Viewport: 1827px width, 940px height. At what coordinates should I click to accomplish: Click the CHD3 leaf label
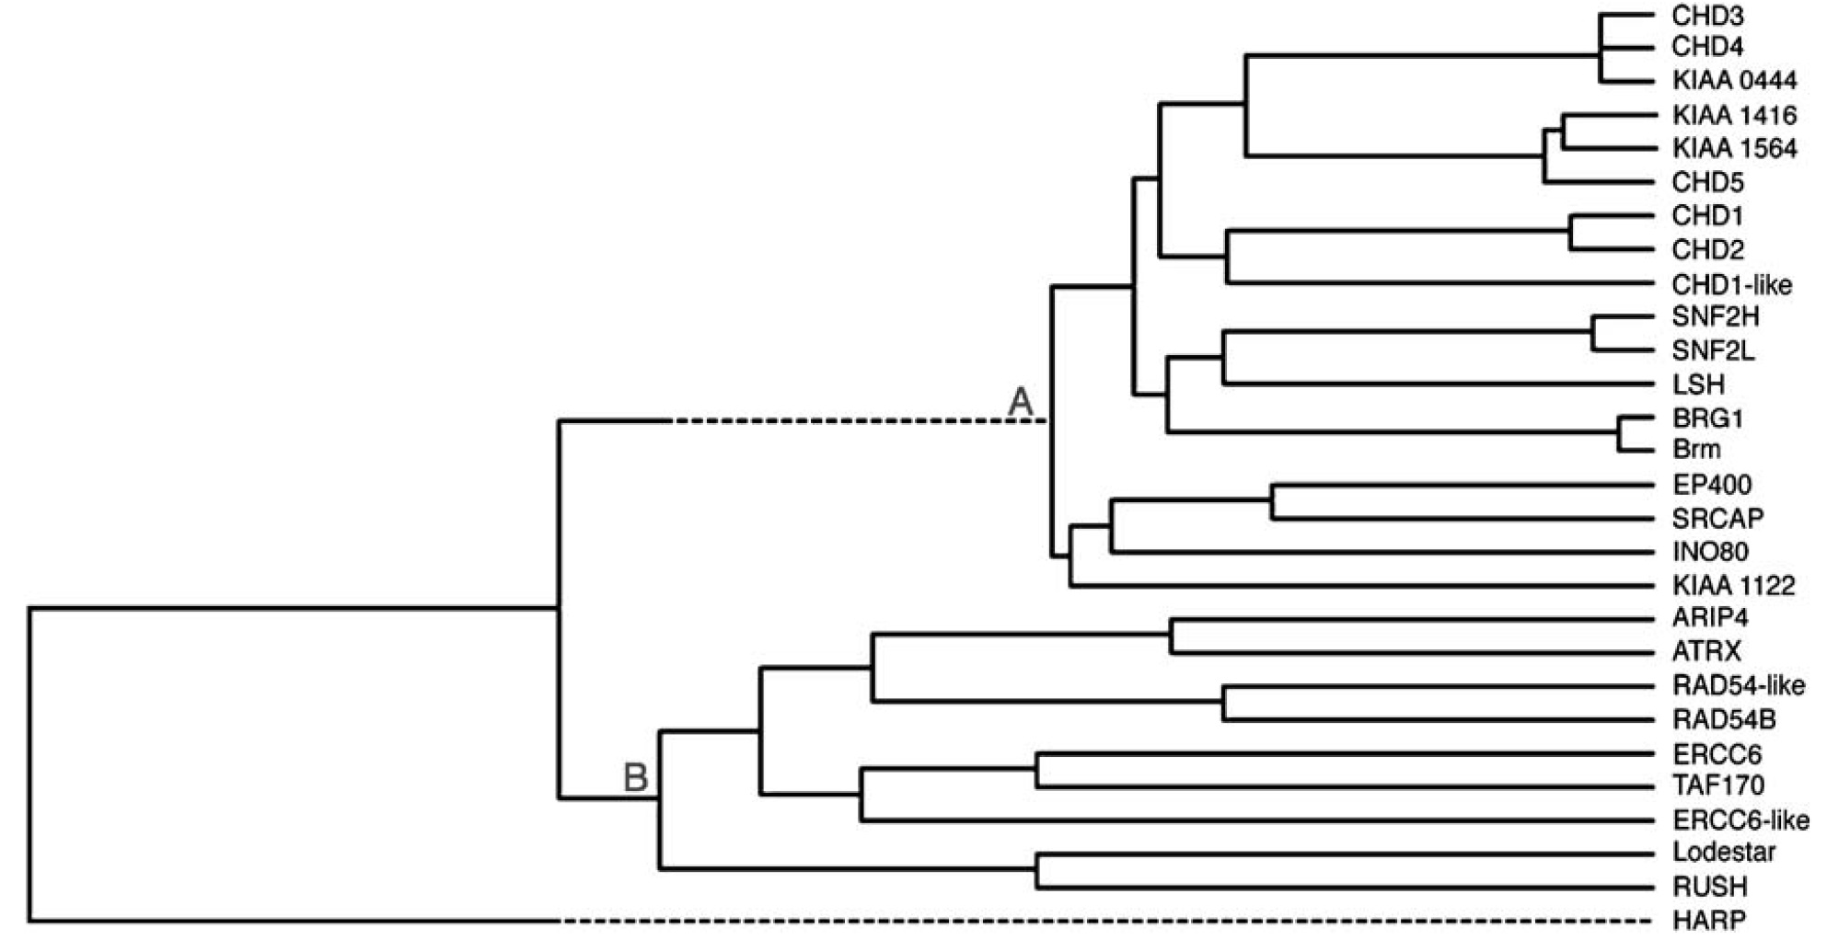1707,16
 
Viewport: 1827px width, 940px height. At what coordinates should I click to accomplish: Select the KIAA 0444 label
1734,81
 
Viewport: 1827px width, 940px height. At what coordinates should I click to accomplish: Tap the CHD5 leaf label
1707,182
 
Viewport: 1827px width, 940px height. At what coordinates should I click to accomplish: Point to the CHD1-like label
1731,284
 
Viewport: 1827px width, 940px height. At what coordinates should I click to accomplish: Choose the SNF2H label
1715,317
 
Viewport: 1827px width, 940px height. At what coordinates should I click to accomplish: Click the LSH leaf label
1698,384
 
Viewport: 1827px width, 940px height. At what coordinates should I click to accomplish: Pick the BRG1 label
1707,418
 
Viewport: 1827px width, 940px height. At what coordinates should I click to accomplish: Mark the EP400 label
1711,485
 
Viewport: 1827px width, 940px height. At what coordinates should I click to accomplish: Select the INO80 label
1710,552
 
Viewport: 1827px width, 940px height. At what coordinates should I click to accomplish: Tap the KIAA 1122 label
1733,586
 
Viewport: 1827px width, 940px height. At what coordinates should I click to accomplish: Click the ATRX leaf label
1706,652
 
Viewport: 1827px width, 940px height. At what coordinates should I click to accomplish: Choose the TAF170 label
1717,786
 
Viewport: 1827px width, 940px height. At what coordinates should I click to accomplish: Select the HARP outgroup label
1708,920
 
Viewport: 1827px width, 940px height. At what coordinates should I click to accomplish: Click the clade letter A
1021,402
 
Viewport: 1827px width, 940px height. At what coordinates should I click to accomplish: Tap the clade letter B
635,778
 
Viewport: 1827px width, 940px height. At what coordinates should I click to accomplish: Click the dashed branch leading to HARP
1104,920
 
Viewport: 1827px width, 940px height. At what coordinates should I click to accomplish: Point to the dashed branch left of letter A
856,421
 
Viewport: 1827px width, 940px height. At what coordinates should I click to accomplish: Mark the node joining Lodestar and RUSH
1037,870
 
